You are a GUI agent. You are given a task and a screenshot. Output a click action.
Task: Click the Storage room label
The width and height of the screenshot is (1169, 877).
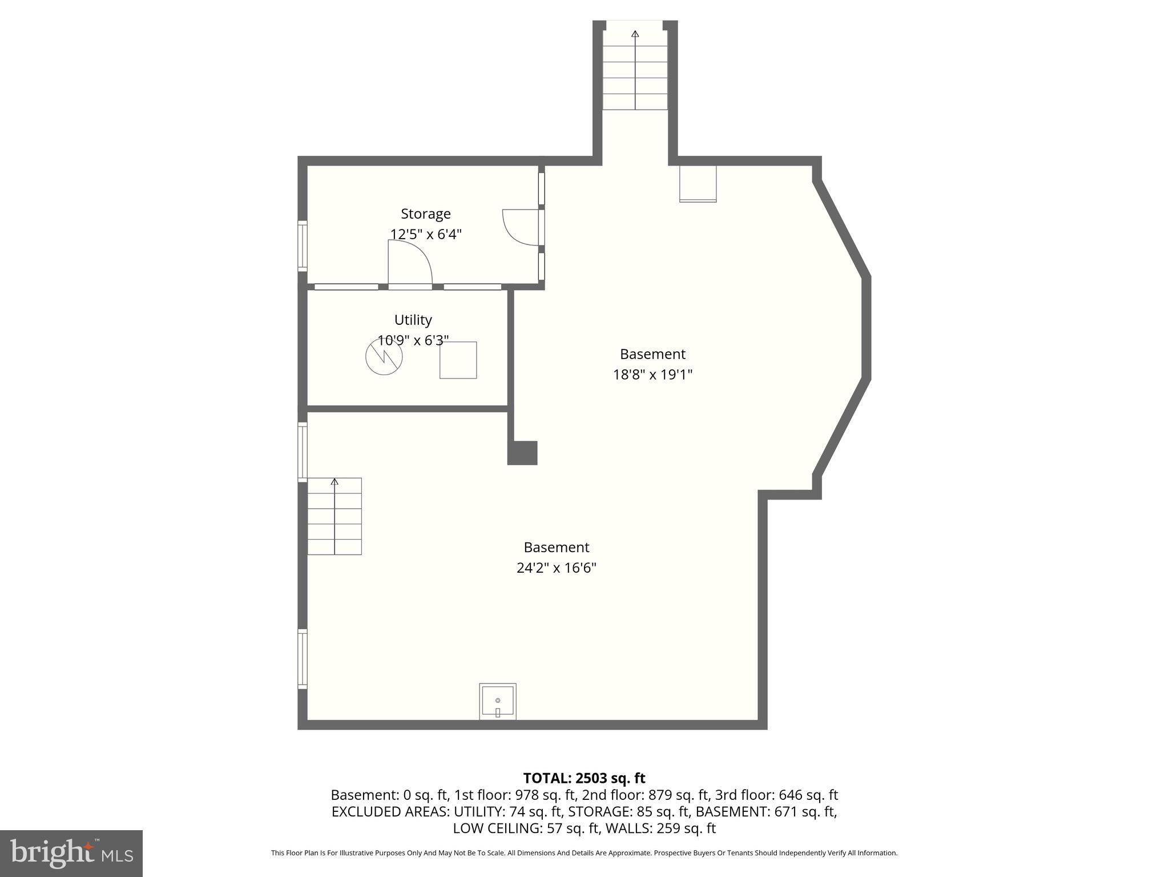tap(425, 214)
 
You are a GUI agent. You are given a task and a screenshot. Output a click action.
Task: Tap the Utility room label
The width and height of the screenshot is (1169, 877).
tap(413, 320)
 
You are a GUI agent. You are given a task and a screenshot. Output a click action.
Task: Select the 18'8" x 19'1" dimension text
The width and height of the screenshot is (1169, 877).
tap(652, 375)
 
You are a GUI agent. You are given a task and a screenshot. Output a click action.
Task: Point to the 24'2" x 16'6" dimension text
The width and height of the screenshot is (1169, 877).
tap(556, 568)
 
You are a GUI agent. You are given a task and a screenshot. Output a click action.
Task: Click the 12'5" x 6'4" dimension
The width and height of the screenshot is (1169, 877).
tap(425, 234)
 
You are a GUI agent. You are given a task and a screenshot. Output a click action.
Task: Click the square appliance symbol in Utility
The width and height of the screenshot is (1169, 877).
tap(458, 360)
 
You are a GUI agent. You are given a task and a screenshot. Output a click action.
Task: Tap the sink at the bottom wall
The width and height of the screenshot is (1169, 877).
tap(497, 702)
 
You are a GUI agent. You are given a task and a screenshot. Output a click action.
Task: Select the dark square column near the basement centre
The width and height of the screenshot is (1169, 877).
tap(522, 453)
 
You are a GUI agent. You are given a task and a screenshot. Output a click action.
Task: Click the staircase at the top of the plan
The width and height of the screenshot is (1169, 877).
tap(635, 70)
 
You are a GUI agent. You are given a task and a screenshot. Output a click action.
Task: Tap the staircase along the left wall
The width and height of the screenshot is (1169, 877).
tap(334, 516)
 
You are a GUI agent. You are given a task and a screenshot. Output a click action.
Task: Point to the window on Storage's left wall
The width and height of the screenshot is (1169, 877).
tap(303, 246)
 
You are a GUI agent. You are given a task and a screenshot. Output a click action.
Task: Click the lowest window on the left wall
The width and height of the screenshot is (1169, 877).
tap(303, 659)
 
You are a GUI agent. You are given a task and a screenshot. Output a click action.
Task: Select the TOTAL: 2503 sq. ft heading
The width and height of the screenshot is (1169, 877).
tap(584, 778)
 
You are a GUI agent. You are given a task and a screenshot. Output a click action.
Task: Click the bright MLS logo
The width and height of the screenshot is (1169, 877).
tap(71, 853)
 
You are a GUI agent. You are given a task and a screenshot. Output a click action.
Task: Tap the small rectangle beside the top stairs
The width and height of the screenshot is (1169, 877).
tap(698, 184)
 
